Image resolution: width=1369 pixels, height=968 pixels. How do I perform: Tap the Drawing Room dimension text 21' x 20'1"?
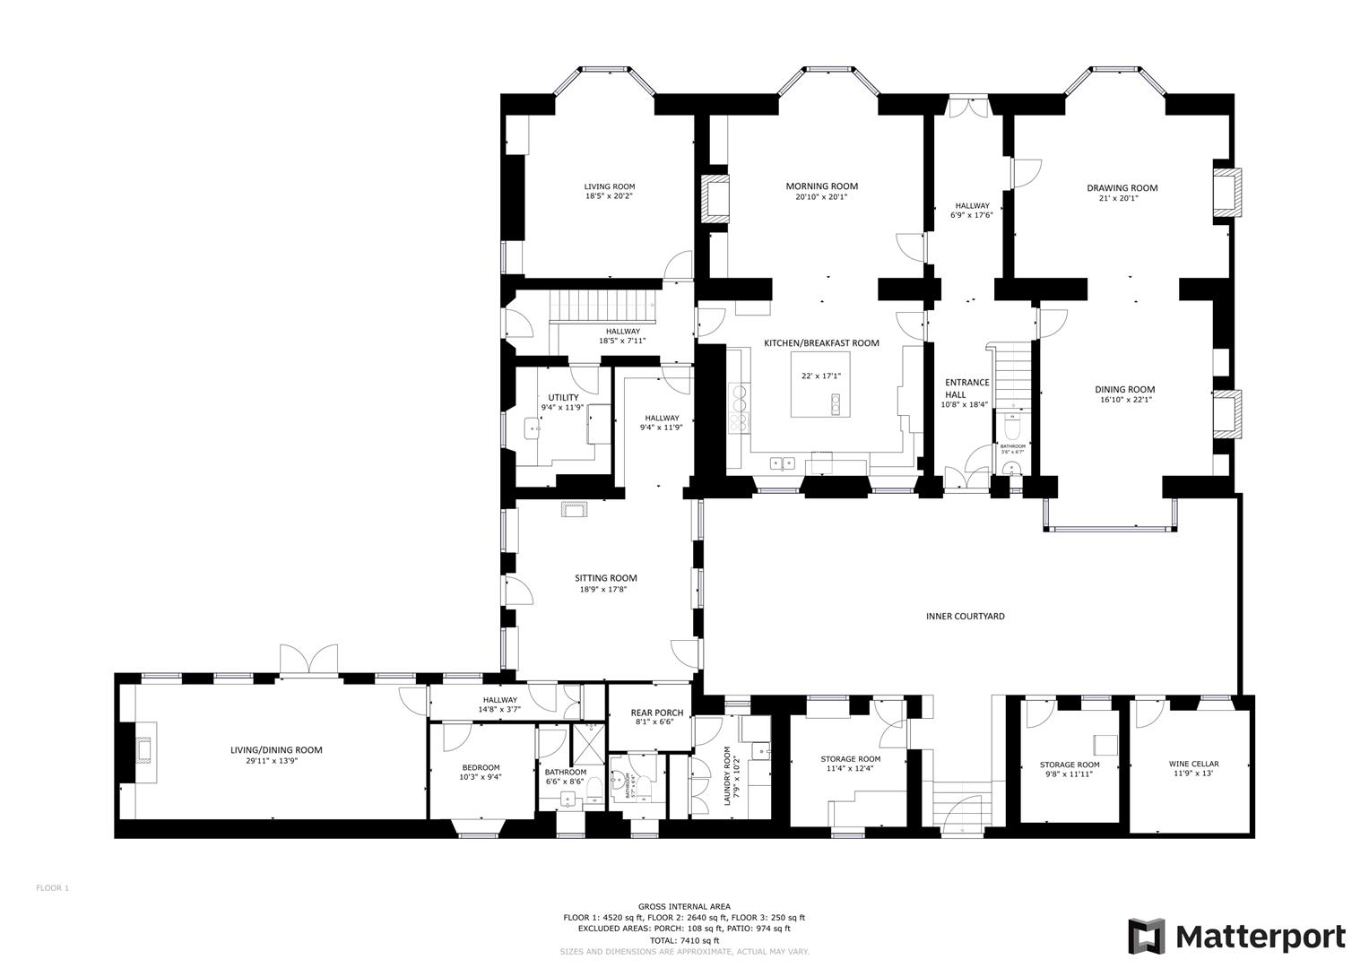(1122, 199)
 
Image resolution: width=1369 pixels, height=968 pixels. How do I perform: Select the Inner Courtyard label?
(965, 617)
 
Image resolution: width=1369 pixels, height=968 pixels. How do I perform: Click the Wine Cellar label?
(1193, 765)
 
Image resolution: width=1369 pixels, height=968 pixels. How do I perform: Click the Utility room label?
(563, 397)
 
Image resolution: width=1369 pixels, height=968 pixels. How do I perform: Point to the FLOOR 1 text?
(52, 888)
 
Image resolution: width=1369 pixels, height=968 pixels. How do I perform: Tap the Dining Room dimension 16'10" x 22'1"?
(1124, 401)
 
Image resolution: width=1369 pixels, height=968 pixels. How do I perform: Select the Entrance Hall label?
(966, 388)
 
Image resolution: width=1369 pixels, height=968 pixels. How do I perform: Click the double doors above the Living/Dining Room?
(308, 660)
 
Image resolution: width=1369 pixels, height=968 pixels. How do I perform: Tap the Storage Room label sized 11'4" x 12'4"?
(850, 759)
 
